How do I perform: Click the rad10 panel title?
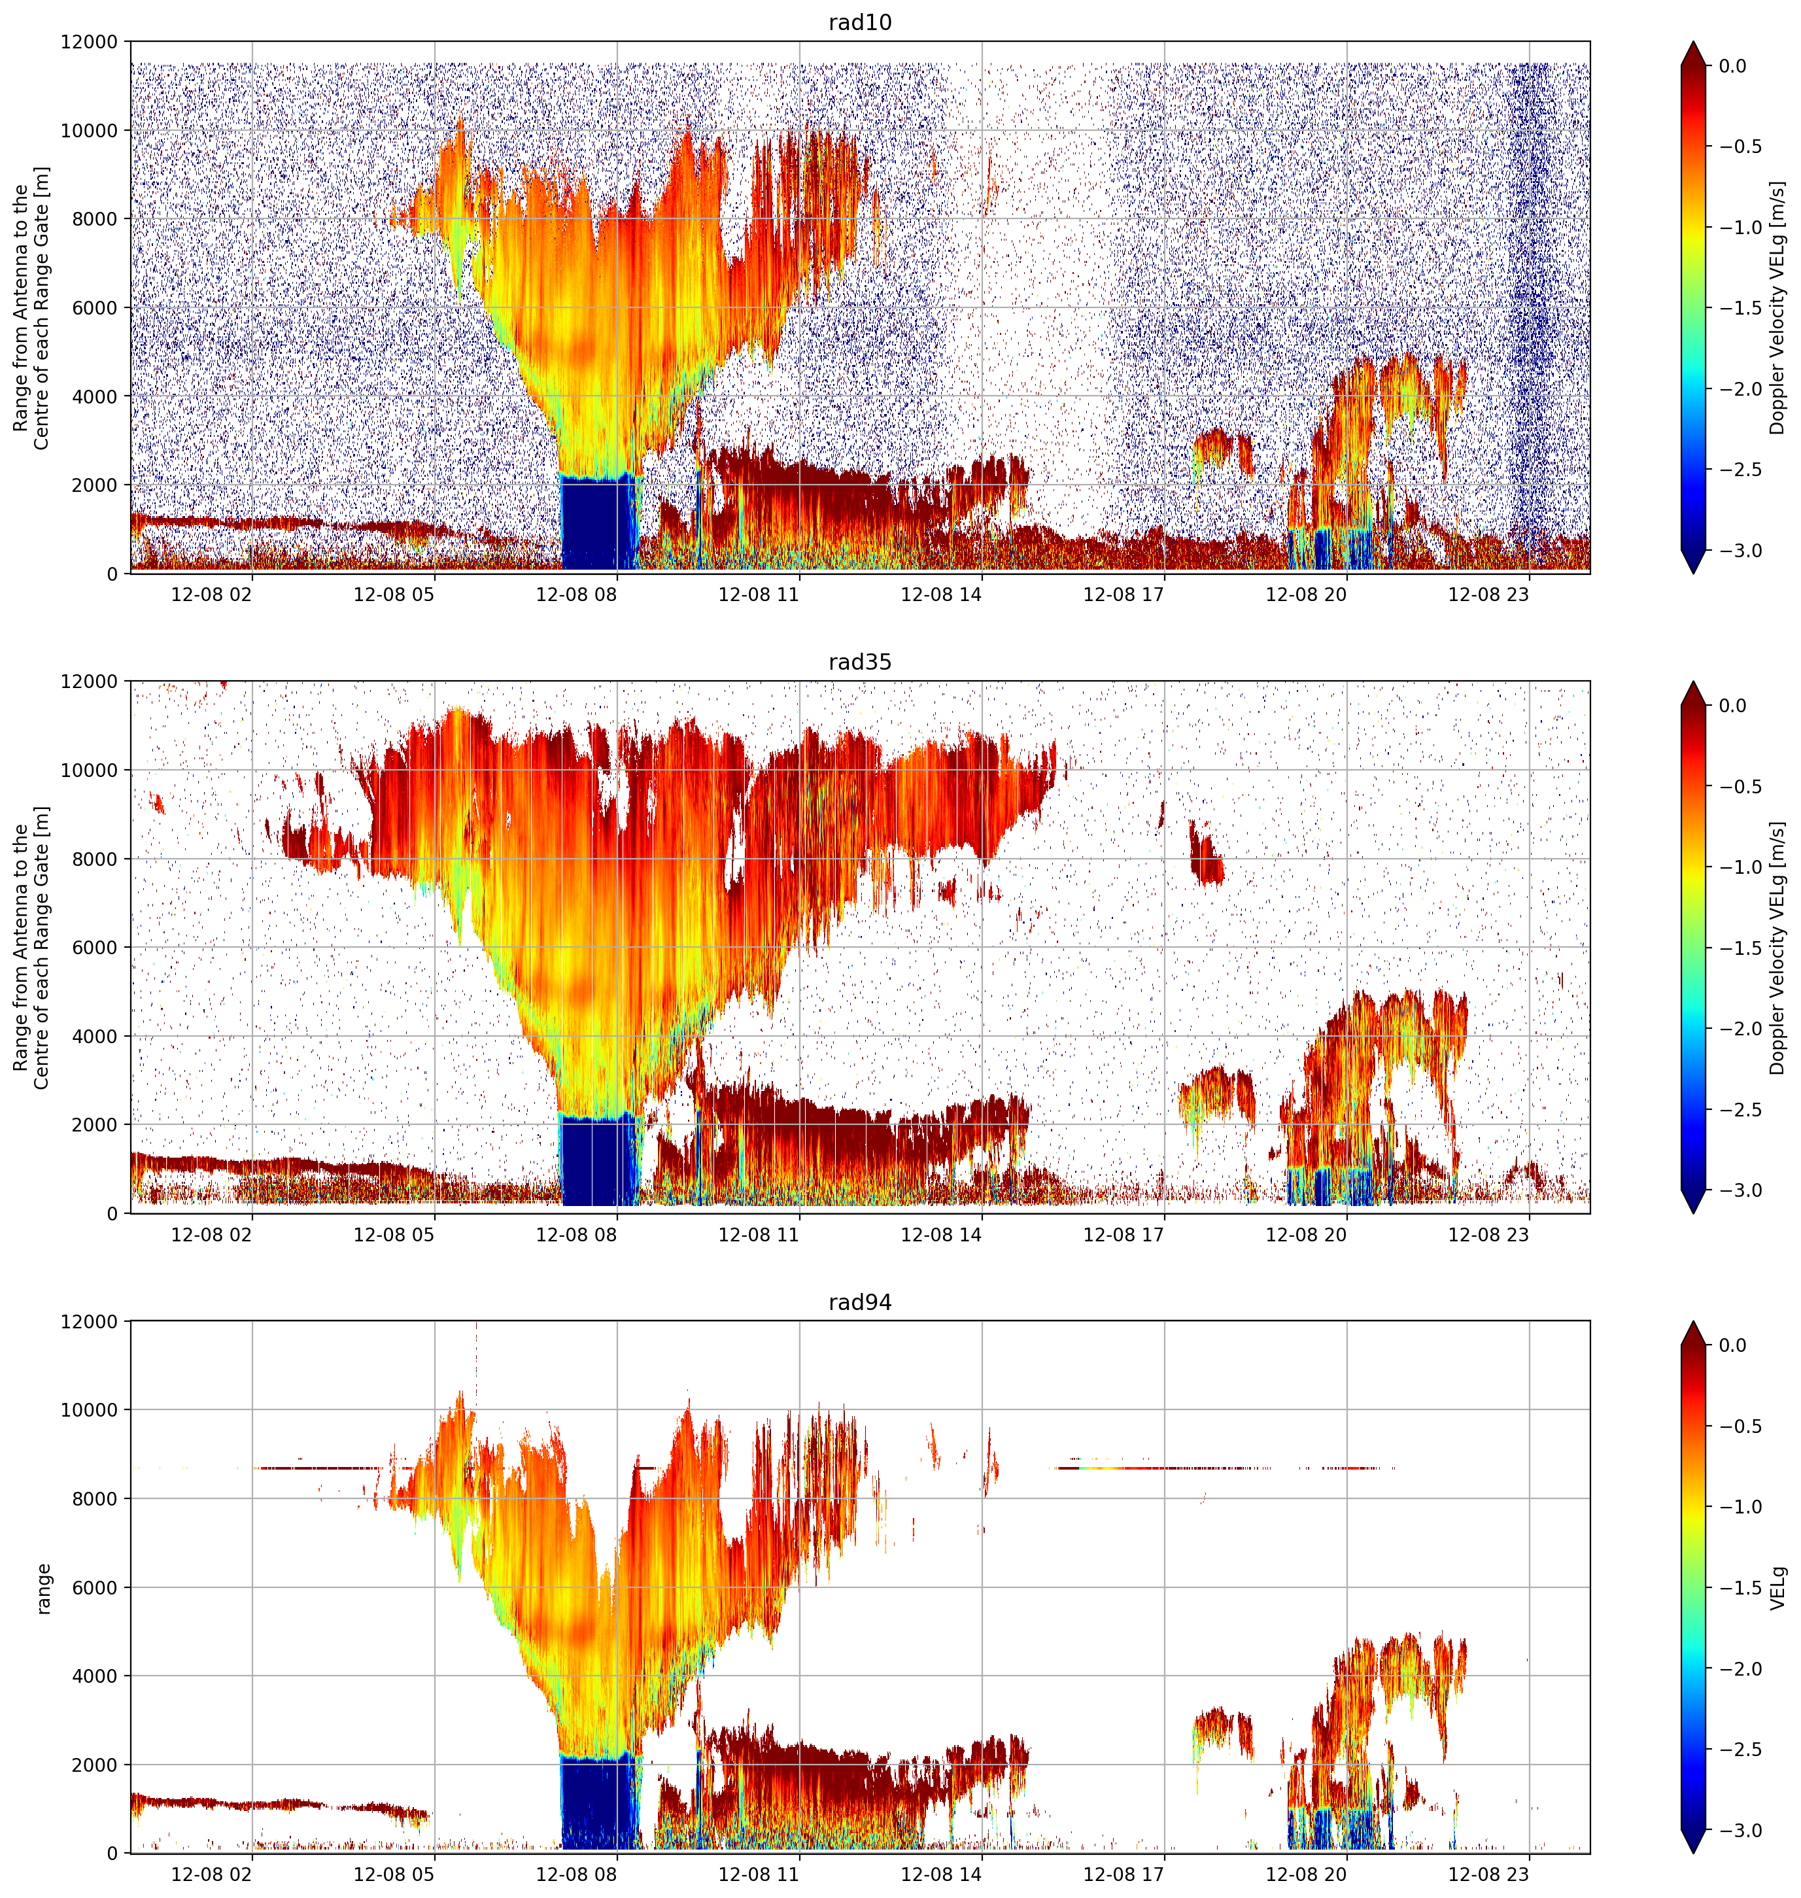859,22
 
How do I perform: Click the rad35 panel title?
859,661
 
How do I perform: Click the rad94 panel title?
859,1302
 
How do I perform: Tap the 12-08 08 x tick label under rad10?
576,595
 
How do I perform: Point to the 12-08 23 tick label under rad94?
1488,1874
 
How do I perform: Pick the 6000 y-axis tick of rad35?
95,948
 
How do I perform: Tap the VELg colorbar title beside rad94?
1778,1588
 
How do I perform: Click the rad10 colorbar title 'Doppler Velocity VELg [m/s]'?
1778,307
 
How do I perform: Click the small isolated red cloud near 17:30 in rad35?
1206,852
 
